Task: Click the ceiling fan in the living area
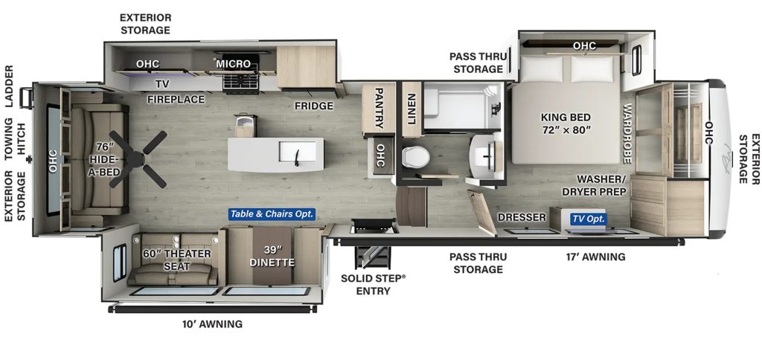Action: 137,159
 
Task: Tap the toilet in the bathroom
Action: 415,157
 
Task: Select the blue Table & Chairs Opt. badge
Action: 272,213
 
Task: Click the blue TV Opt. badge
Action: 589,219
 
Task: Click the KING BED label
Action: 566,117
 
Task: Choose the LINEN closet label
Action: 411,109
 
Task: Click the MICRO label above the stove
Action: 233,64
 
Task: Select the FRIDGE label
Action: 314,106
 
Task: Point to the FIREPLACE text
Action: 176,99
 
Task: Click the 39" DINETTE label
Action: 272,256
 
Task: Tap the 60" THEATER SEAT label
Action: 177,260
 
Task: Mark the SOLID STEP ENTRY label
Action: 374,284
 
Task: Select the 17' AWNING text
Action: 596,257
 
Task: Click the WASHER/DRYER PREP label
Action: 595,186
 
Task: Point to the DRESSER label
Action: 522,217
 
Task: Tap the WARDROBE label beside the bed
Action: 627,133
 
